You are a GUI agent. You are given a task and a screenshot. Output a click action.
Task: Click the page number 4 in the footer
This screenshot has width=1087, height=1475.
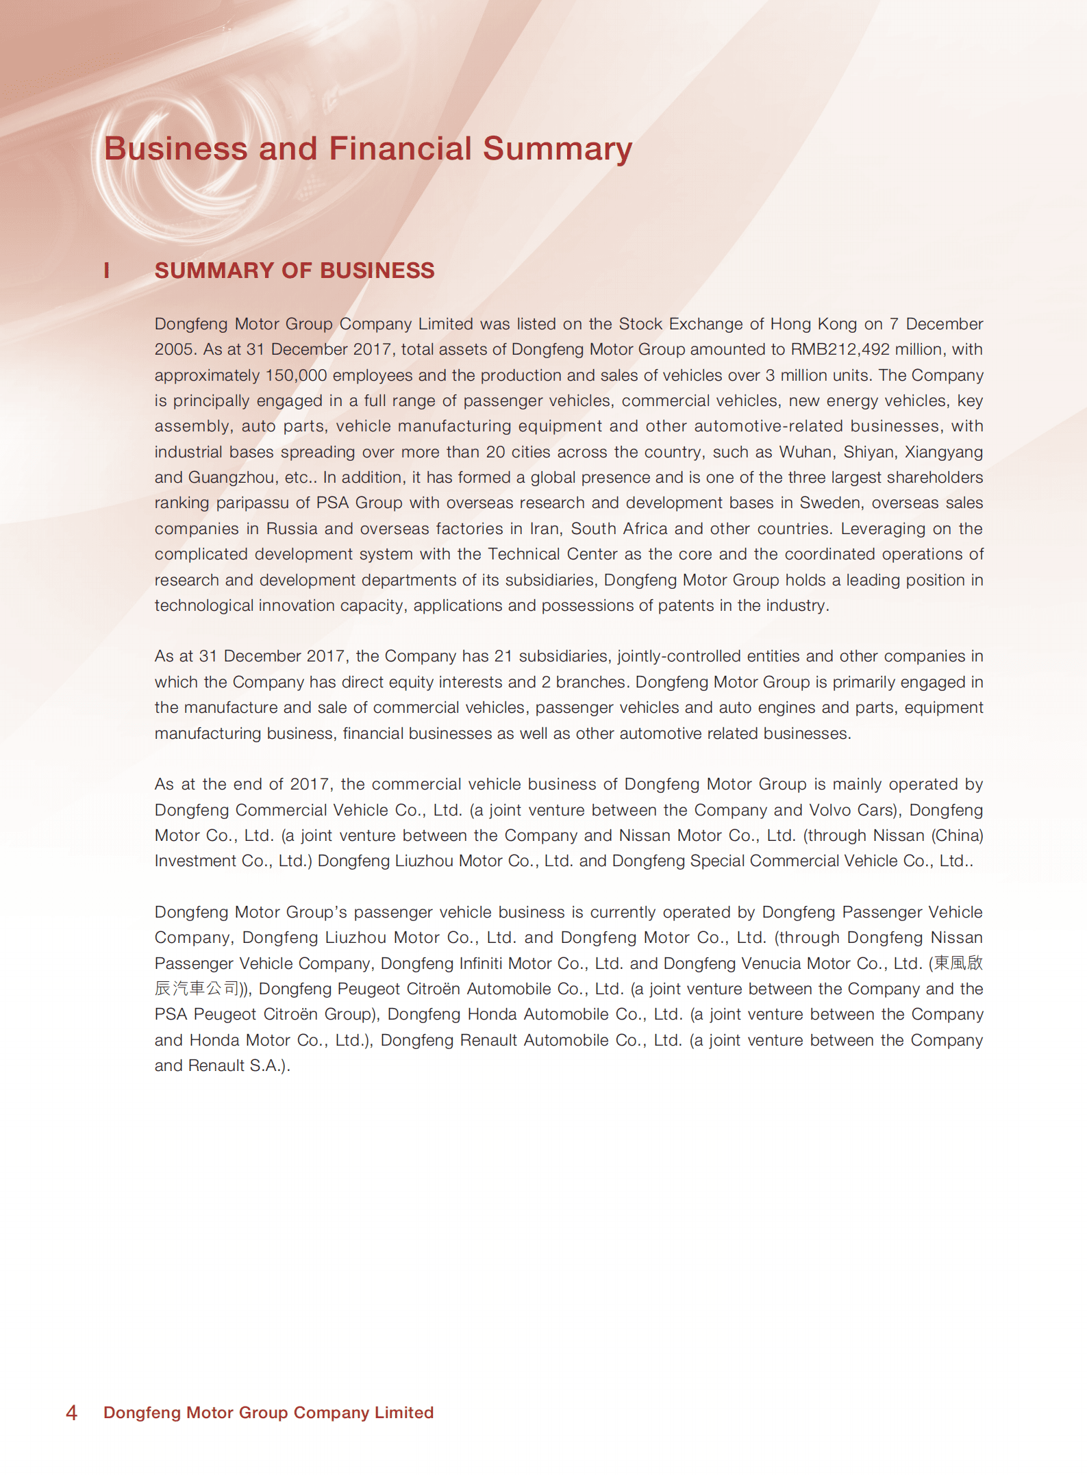click(x=71, y=1413)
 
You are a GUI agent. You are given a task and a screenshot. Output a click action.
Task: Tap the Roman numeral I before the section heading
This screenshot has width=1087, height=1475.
click(x=107, y=270)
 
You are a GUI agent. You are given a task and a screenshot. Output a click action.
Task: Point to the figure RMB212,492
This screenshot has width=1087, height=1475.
click(x=840, y=349)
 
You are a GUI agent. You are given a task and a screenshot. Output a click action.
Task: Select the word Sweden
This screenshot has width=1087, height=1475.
click(x=832, y=503)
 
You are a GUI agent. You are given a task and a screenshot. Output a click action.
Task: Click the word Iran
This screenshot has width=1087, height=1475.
click(x=544, y=529)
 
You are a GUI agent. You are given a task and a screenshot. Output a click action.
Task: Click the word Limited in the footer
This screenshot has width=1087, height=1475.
click(x=403, y=1413)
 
